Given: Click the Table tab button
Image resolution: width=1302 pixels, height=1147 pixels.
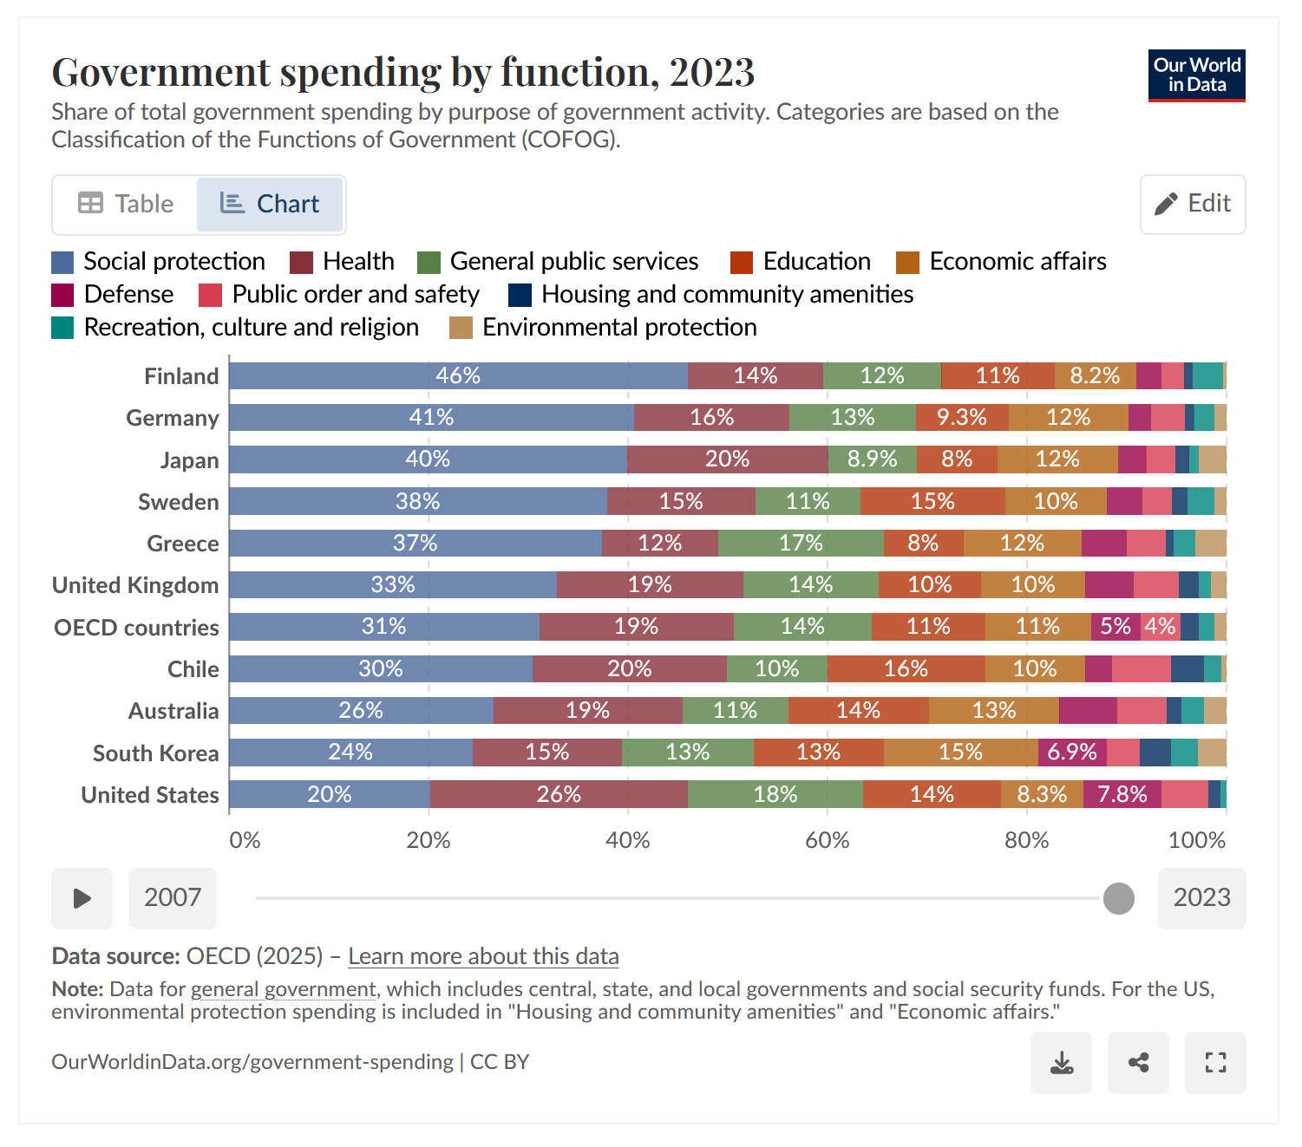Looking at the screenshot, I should click(x=126, y=204).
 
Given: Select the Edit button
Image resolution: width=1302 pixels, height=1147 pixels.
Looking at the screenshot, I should click(x=1193, y=204).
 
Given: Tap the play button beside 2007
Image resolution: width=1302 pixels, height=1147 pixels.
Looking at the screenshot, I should click(x=82, y=898).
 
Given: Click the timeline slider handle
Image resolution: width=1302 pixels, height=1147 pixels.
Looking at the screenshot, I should click(x=1119, y=898).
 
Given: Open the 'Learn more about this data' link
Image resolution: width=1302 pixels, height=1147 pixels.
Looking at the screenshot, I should click(x=483, y=956).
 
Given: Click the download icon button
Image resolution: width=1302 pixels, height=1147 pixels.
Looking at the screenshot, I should click(x=1061, y=1063).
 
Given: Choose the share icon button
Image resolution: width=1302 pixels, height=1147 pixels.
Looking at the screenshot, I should click(x=1138, y=1063).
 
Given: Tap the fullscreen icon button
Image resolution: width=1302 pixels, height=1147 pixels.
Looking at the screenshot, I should click(x=1215, y=1063).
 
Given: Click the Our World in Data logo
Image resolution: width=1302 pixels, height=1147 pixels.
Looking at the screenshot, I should click(x=1196, y=75).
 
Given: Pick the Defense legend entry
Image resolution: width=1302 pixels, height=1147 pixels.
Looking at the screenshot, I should click(x=113, y=295).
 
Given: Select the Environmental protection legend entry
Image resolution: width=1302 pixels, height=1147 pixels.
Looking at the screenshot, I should click(x=603, y=328).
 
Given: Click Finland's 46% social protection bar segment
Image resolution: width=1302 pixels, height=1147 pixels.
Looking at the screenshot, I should click(x=458, y=375).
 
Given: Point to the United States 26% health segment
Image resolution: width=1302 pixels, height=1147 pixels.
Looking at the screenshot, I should click(x=559, y=794).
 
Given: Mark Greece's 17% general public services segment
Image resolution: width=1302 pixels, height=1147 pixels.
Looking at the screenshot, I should click(x=801, y=543).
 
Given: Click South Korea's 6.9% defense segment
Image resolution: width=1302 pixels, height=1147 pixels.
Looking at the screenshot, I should click(x=1072, y=752).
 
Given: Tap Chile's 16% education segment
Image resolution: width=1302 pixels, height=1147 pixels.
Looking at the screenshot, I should click(x=906, y=668).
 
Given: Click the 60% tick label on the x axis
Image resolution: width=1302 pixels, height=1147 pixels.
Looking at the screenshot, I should click(x=827, y=840).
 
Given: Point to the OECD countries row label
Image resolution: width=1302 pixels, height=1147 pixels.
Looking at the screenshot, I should click(x=136, y=628).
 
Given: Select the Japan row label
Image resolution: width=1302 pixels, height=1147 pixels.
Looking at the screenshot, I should click(x=189, y=460).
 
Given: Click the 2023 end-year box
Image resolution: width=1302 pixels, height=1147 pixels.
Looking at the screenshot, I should click(x=1201, y=898).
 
